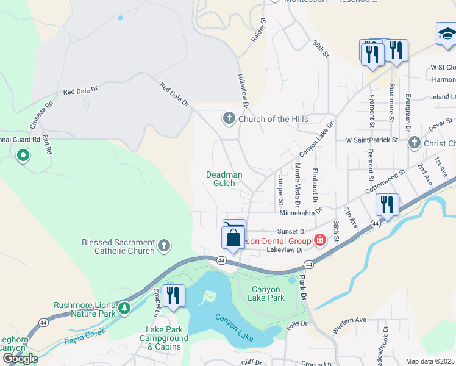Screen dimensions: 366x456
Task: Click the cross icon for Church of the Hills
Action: (x=229, y=118)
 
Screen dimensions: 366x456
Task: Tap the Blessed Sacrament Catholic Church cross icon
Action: (x=163, y=246)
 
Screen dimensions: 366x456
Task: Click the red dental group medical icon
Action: (x=319, y=241)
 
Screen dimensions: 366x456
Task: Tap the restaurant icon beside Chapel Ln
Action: (x=173, y=296)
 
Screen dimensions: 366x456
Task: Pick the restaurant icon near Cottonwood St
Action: (x=387, y=205)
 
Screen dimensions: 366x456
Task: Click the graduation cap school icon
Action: (x=447, y=34)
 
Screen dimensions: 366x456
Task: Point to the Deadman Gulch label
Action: (x=224, y=179)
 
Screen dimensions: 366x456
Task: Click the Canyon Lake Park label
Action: (x=266, y=294)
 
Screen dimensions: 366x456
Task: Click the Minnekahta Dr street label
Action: (x=304, y=213)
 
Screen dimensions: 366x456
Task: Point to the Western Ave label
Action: (x=349, y=325)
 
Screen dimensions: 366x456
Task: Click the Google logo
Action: (x=20, y=358)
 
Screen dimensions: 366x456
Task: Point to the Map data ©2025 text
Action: (x=430, y=361)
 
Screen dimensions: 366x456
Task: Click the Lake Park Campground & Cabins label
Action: (x=163, y=339)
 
